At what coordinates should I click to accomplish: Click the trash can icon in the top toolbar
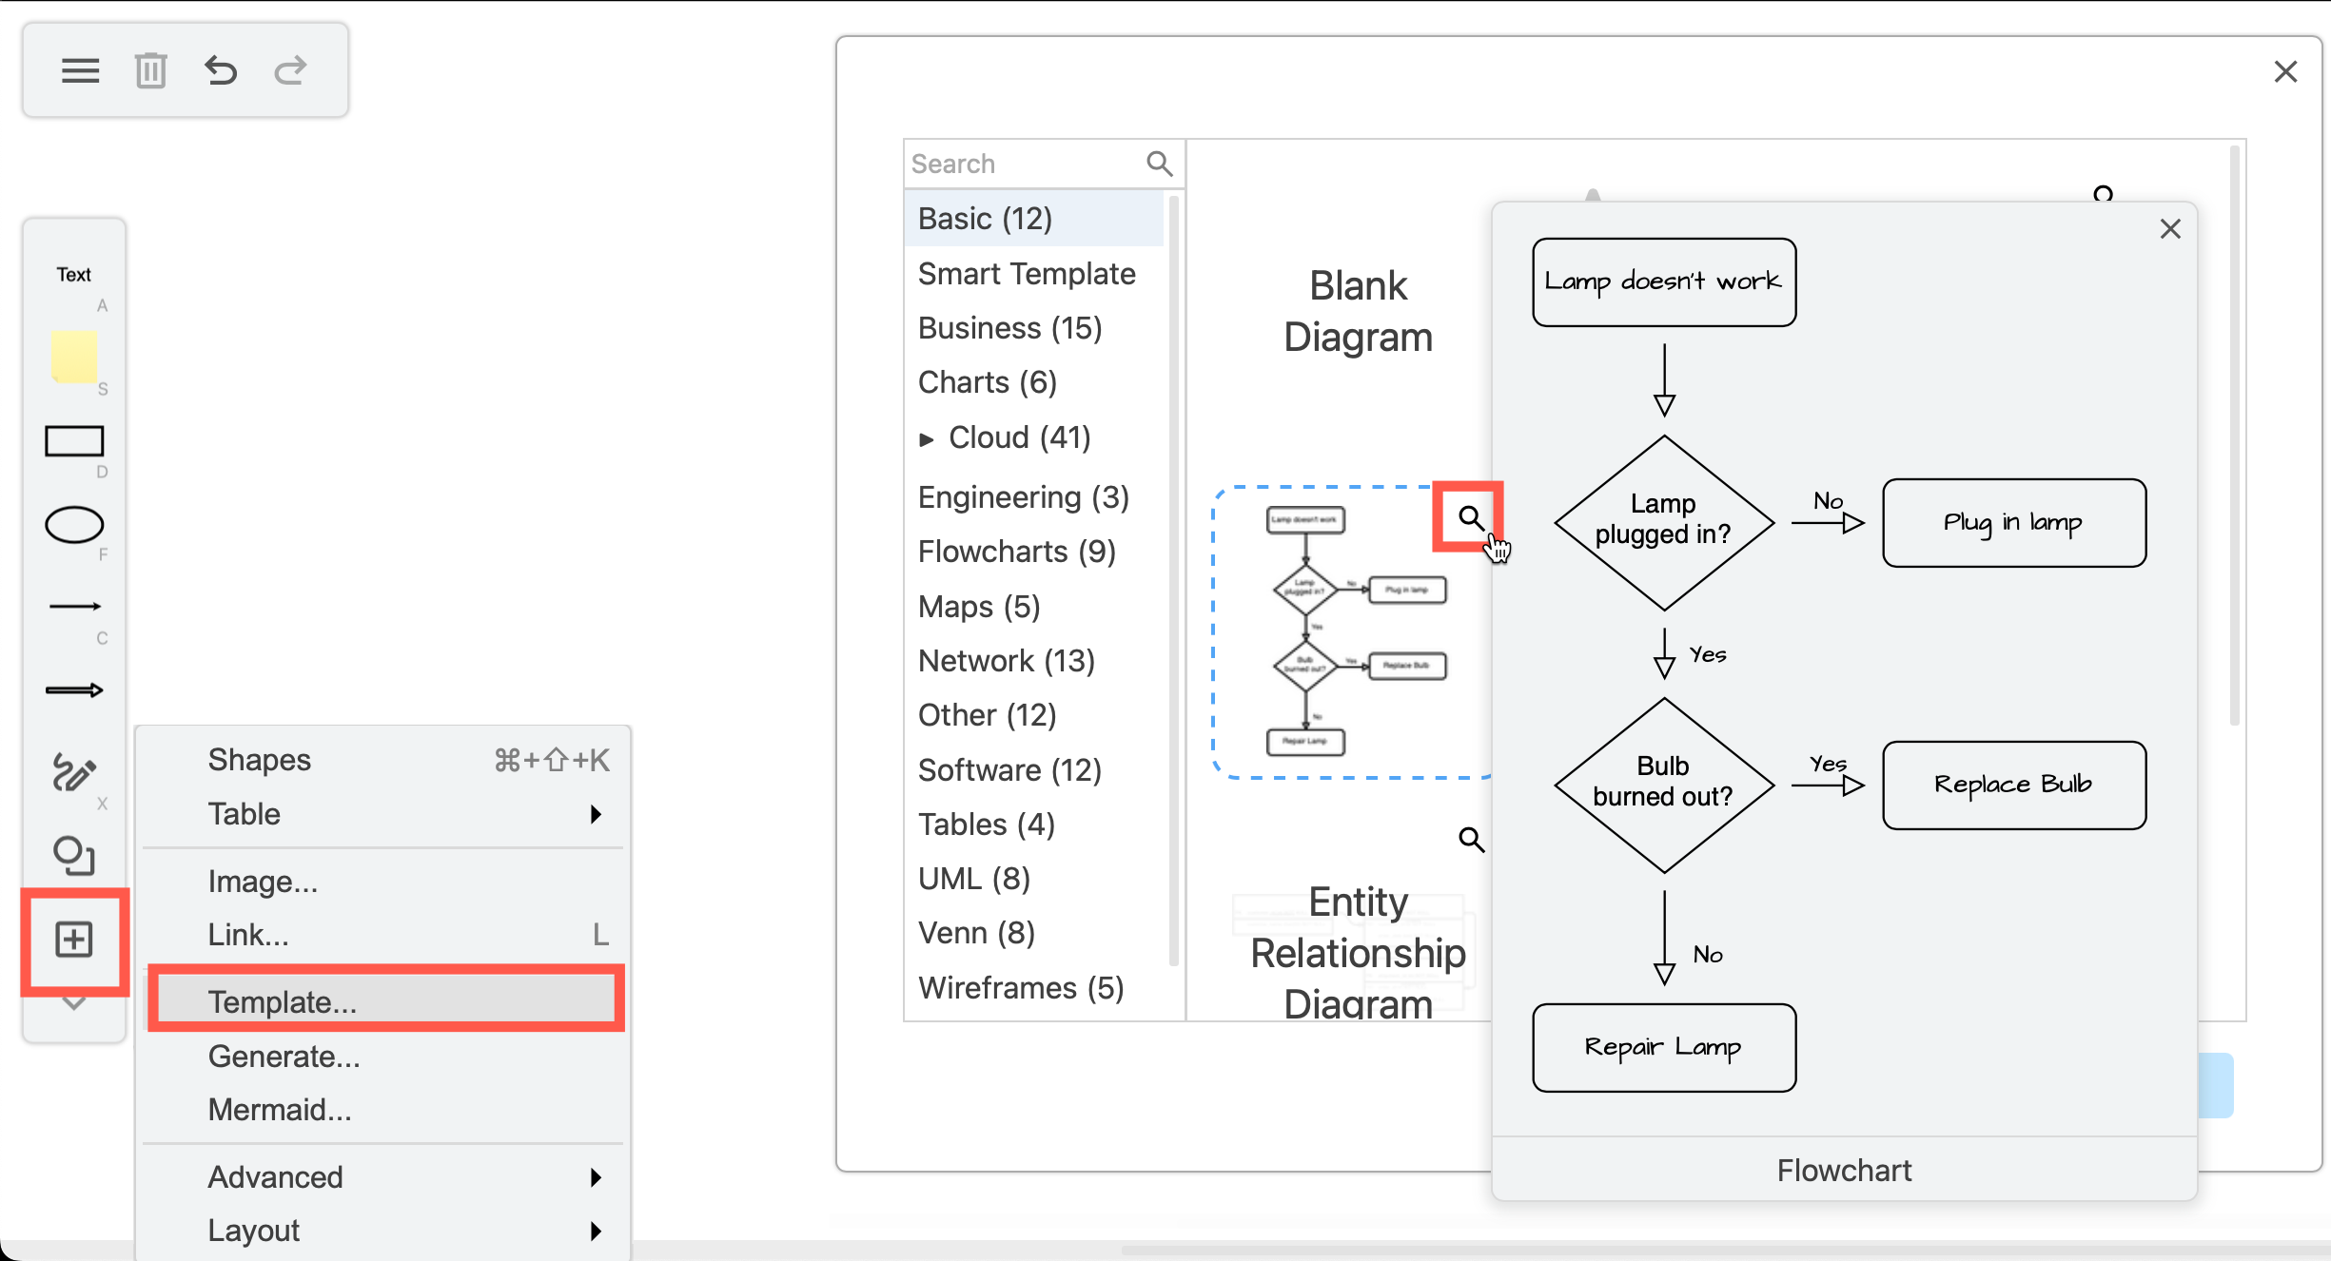click(x=150, y=70)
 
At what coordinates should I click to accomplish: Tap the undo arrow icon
click(x=221, y=70)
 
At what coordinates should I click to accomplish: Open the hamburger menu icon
click(x=80, y=70)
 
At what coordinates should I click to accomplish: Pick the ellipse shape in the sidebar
click(x=74, y=525)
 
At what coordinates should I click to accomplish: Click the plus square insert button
click(x=74, y=940)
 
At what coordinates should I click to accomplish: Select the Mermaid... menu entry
click(x=280, y=1109)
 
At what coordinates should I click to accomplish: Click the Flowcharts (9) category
click(x=1016, y=552)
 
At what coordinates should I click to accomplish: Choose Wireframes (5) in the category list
click(x=1020, y=987)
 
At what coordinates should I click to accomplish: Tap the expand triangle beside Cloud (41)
click(x=926, y=438)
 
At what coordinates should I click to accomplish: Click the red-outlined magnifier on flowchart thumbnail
click(x=1470, y=517)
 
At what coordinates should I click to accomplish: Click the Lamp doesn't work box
click(x=1663, y=281)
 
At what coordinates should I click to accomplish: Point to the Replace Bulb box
click(x=2013, y=785)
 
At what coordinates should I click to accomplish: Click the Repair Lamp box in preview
click(x=1663, y=1047)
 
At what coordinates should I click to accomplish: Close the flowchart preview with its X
click(x=2169, y=229)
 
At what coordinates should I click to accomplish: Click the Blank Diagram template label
click(x=1358, y=311)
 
